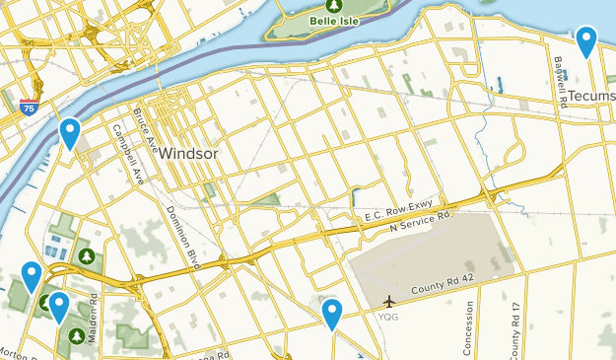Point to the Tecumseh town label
click(x=592, y=96)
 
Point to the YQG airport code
click(x=389, y=318)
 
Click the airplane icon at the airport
click(x=390, y=300)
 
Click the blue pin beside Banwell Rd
click(x=586, y=41)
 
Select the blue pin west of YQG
click(x=332, y=315)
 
